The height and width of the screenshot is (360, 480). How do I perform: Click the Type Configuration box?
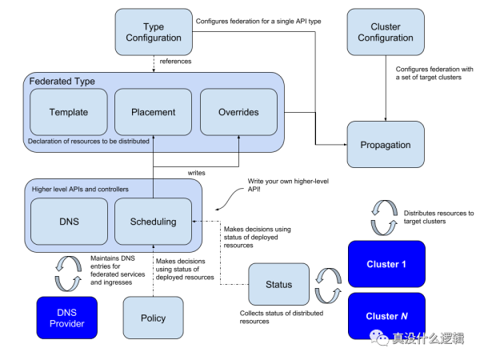[x=154, y=32]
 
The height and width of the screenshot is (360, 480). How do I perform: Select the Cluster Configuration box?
[x=386, y=32]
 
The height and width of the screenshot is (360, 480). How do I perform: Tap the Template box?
[x=68, y=112]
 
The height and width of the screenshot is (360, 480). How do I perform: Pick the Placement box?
[x=153, y=112]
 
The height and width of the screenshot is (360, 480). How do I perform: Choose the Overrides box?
[x=238, y=112]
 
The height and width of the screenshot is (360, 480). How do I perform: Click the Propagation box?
[x=386, y=145]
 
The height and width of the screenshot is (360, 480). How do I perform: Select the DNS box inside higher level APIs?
[x=68, y=222]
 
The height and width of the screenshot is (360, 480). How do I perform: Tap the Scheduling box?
[x=153, y=222]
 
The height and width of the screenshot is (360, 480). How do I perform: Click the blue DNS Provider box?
[x=67, y=318]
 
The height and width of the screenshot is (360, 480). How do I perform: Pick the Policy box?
[x=153, y=318]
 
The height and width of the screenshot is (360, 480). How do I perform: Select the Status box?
[x=278, y=284]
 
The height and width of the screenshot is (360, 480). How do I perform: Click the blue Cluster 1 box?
[x=386, y=264]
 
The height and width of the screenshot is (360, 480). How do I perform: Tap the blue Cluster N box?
[x=386, y=315]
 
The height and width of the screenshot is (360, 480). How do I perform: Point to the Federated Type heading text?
[x=62, y=82]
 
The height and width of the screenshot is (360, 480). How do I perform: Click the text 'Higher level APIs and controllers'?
[x=80, y=189]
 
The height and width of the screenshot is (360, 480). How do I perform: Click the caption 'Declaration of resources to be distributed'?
[x=88, y=142]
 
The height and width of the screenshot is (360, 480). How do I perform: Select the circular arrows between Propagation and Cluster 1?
[x=386, y=217]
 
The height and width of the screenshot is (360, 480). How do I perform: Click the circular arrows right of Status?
[x=327, y=286]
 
